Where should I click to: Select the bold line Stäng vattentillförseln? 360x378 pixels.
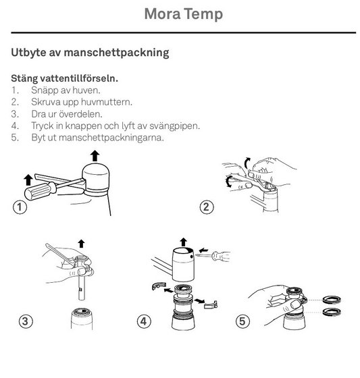(64, 79)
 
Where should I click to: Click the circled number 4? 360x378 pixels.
(143, 321)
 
